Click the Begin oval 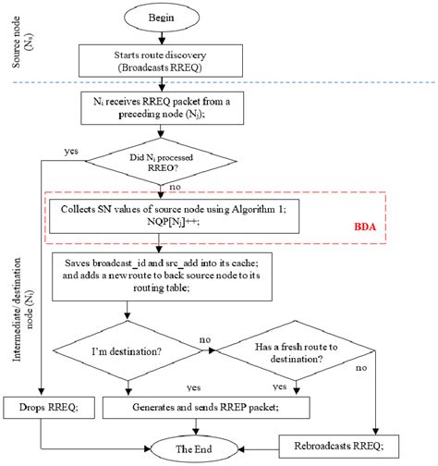click(162, 18)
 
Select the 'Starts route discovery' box click(161, 61)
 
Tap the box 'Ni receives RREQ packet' click(162, 108)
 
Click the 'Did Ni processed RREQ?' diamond click(161, 161)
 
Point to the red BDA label click(365, 227)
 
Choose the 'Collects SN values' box click(174, 216)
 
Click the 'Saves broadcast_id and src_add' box click(162, 276)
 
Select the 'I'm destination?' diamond click(127, 350)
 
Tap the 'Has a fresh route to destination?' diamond click(296, 350)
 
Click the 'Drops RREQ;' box click(49, 408)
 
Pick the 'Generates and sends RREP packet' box click(206, 408)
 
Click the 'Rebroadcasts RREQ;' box click(339, 446)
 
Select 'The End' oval click(194, 449)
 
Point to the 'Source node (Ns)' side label click(21, 42)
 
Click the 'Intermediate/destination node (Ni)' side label click(22, 310)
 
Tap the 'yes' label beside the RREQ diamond click(71, 151)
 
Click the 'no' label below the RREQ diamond click(175, 187)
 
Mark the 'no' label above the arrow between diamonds click(205, 339)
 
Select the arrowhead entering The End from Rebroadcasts click(241, 449)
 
